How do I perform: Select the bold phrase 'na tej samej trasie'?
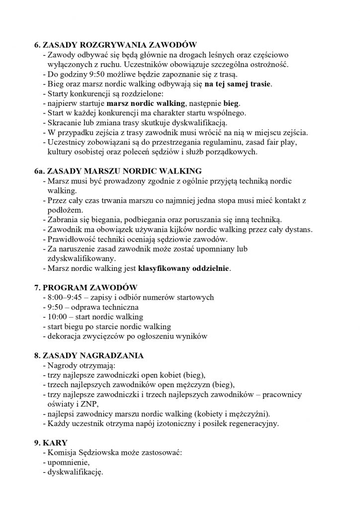pyautogui.click(x=237, y=83)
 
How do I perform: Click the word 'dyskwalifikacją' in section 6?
pyautogui.click(x=199, y=121)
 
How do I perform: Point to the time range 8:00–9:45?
pyautogui.click(x=64, y=297)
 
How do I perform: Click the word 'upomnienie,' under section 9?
pyautogui.click(x=69, y=462)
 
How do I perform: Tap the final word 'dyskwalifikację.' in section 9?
pyautogui.click(x=75, y=472)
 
